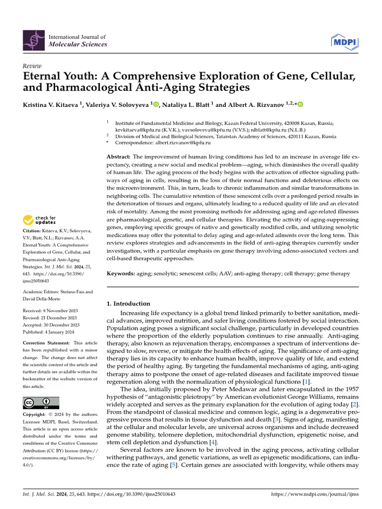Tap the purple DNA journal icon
[x=33, y=40]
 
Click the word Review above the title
[x=32, y=66]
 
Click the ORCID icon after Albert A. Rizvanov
[x=300, y=104]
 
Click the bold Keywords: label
[x=121, y=273]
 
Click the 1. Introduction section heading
[x=129, y=304]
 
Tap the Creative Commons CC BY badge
[x=41, y=403]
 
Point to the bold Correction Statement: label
[x=46, y=343]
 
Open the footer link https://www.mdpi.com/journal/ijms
[x=314, y=495]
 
